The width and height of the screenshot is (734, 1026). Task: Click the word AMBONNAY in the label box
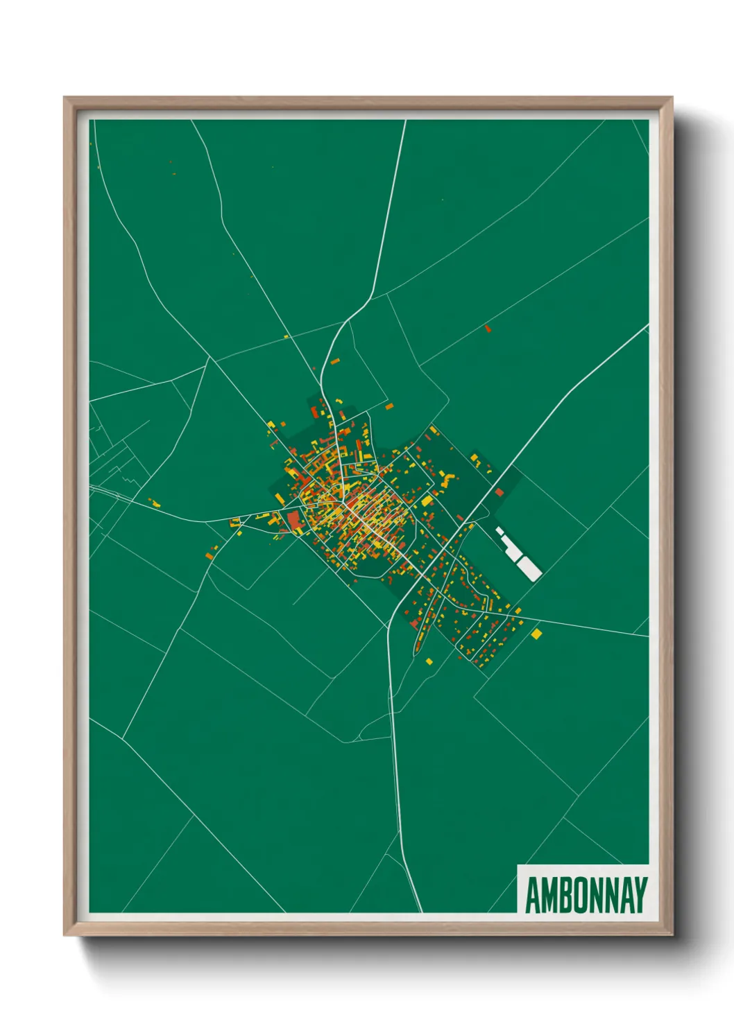[586, 895]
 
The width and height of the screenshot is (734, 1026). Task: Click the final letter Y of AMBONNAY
[641, 895]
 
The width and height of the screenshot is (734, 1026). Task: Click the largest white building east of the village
[529, 568]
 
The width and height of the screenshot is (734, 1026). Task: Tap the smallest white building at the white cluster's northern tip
[497, 530]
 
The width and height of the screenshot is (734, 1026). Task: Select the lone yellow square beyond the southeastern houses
[536, 634]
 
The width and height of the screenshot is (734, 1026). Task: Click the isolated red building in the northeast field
[488, 328]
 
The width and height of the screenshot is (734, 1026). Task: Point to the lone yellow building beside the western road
[155, 503]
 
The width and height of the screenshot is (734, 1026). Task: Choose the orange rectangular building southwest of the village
[210, 555]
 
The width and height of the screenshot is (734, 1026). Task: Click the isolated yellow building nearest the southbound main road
[429, 661]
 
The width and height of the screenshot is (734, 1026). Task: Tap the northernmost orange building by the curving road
[334, 362]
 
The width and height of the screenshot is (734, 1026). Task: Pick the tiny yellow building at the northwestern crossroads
[286, 337]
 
